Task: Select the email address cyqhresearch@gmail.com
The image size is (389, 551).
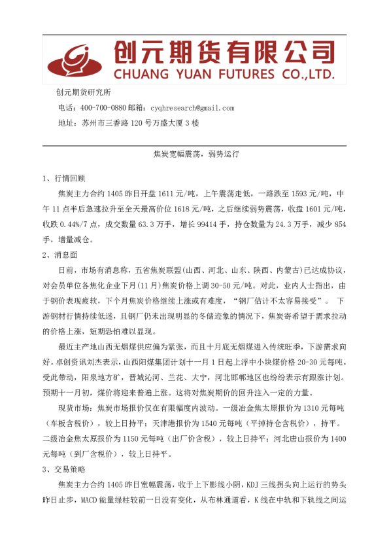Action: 192,107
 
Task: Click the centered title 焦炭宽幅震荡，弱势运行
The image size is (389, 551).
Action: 194,155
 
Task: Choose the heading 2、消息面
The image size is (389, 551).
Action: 59,254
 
